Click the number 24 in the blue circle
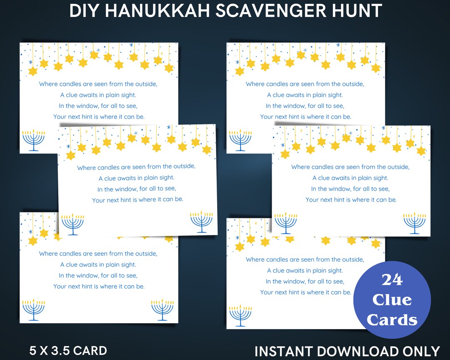[x=392, y=280]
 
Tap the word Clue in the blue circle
[x=392, y=300]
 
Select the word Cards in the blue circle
[x=392, y=320]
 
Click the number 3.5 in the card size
[x=60, y=350]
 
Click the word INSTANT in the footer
[x=284, y=351]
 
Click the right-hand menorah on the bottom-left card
[x=162, y=310]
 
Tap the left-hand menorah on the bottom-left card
[x=34, y=310]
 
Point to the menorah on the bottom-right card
[x=240, y=315]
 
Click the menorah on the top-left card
[x=33, y=140]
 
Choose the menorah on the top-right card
[x=240, y=140]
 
